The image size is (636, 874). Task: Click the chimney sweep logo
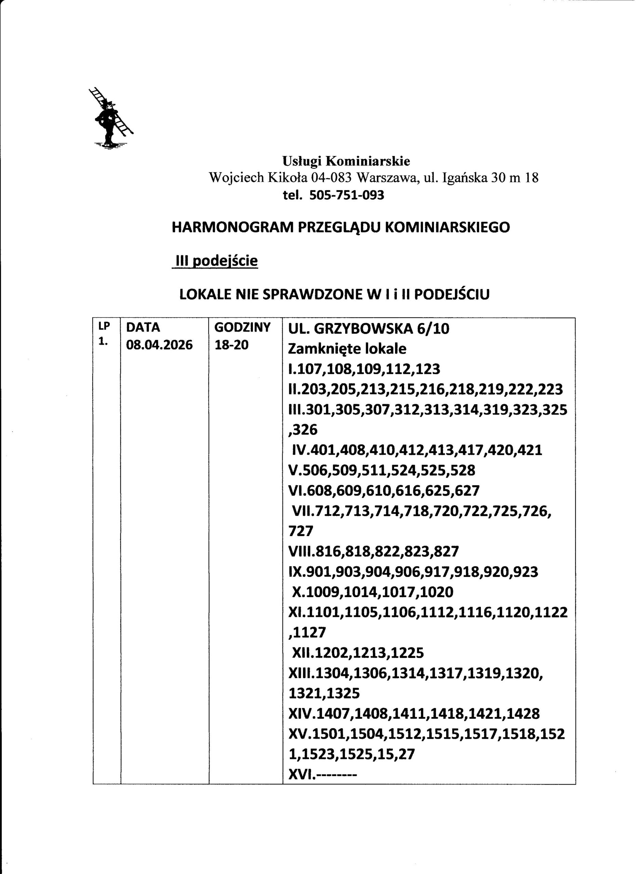[111, 118]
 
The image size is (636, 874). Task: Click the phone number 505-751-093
[347, 195]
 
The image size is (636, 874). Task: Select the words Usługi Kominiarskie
[346, 161]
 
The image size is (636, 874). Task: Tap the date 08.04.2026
[159, 344]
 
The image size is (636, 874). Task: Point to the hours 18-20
[232, 344]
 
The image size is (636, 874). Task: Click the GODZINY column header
[243, 327]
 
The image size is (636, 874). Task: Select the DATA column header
[143, 327]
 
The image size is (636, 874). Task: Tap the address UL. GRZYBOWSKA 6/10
[369, 329]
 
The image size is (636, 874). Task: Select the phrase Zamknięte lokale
[347, 349]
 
